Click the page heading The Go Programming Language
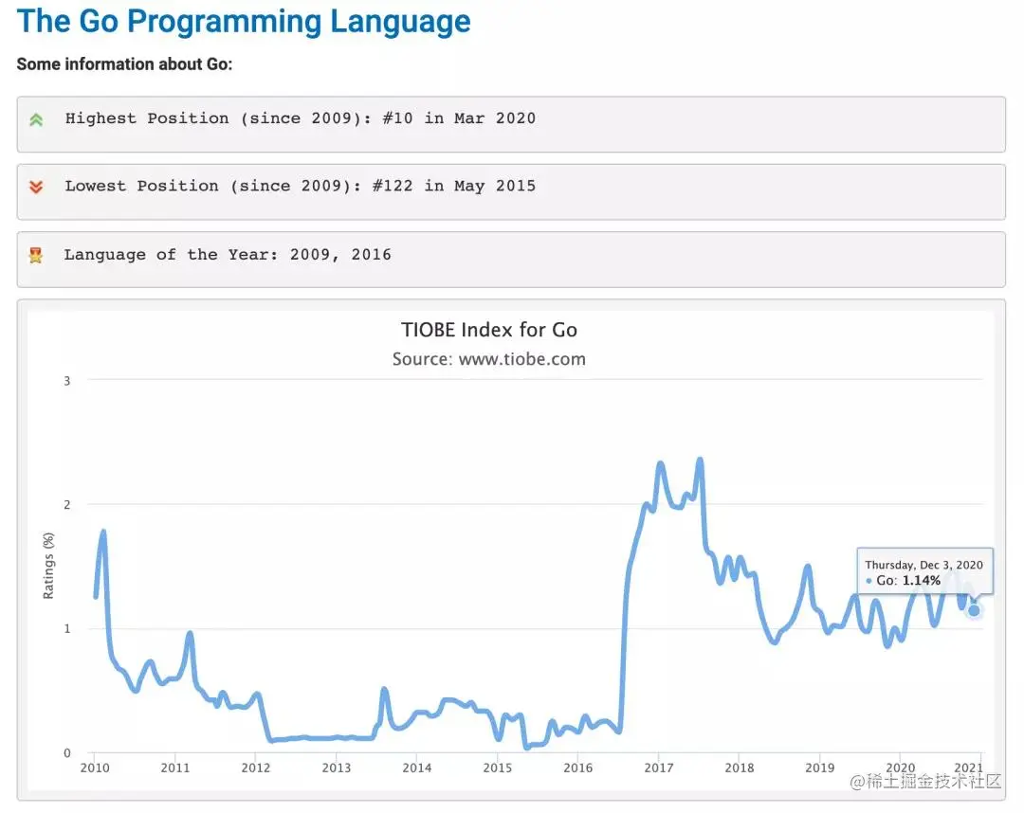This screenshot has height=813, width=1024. pyautogui.click(x=244, y=21)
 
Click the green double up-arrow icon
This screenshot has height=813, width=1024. pyautogui.click(x=36, y=119)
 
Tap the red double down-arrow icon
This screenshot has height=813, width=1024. pyautogui.click(x=36, y=188)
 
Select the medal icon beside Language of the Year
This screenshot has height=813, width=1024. pyautogui.click(x=36, y=255)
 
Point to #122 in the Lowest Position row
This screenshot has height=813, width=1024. pyautogui.click(x=393, y=186)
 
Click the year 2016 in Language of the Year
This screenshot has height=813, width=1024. pyautogui.click(x=370, y=254)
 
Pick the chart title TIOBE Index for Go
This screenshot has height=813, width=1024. pyautogui.click(x=489, y=330)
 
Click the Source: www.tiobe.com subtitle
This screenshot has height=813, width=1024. pyautogui.click(x=489, y=359)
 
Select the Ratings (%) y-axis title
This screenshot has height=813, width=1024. pyautogui.click(x=49, y=565)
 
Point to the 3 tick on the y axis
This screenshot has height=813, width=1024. pyautogui.click(x=66, y=380)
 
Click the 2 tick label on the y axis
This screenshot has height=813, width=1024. pyautogui.click(x=66, y=504)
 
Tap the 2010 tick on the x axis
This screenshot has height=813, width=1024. pyautogui.click(x=95, y=768)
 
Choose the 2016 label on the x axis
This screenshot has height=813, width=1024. pyautogui.click(x=578, y=768)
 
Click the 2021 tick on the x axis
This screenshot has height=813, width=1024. pyautogui.click(x=967, y=768)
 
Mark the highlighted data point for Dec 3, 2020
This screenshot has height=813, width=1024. pyautogui.click(x=974, y=610)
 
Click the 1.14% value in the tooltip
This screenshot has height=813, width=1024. pyautogui.click(x=922, y=580)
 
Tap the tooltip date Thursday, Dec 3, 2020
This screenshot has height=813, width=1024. pyautogui.click(x=923, y=565)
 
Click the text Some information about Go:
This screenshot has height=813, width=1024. pyautogui.click(x=124, y=64)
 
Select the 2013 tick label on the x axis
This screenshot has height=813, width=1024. pyautogui.click(x=337, y=768)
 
